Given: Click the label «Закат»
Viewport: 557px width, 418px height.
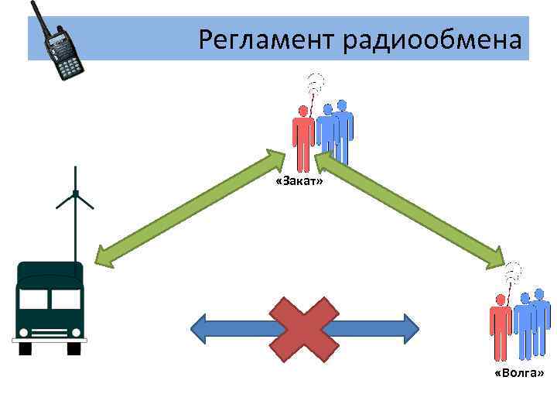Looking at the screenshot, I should click(x=299, y=181).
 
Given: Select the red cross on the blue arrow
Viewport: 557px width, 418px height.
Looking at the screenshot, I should click(x=303, y=329).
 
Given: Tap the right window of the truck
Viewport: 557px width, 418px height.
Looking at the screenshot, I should click(x=66, y=299).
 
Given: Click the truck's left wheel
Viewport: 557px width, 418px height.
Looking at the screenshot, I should click(x=26, y=348).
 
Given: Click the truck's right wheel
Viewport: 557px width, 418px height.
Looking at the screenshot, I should click(x=74, y=348).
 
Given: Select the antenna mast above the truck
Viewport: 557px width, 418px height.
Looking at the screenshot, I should click(x=75, y=209).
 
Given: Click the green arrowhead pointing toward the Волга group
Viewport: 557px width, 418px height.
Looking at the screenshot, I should click(x=495, y=255).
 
